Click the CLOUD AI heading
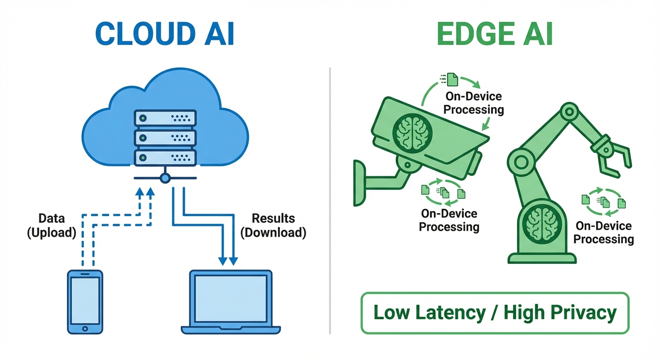165,32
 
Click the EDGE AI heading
495,32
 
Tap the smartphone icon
85,301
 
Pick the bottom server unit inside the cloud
165,157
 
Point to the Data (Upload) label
52,225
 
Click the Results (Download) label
273,225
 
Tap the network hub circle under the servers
165,178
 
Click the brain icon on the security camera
410,133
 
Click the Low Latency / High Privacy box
495,313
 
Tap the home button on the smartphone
85,327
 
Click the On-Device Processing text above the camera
473,103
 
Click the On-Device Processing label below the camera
449,220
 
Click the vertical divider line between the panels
330,202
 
